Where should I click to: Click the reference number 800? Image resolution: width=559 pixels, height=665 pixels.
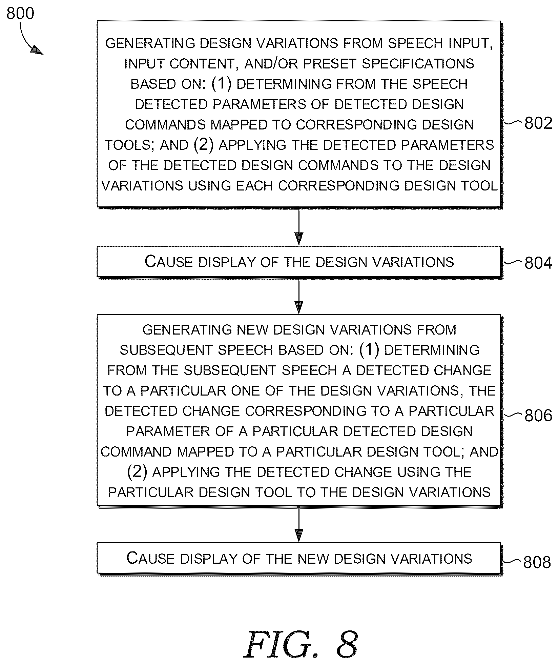pos(20,14)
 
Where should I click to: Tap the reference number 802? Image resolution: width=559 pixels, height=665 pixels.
pos(538,123)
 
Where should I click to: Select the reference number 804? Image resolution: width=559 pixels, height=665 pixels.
pos(538,263)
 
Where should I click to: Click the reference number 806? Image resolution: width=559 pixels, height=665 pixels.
pos(538,415)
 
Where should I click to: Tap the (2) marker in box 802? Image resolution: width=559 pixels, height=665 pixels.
pos(204,145)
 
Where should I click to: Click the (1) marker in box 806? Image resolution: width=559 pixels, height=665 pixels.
pos(369,350)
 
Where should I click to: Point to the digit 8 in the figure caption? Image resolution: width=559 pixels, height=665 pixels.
pos(347,643)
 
